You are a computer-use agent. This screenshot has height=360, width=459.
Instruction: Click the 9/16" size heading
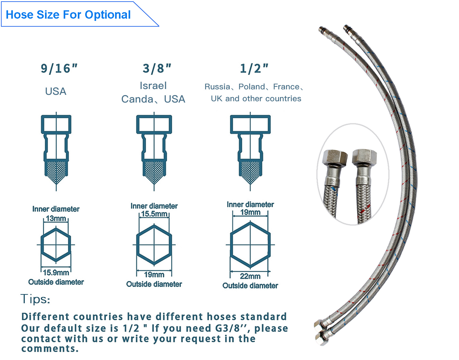click(59, 69)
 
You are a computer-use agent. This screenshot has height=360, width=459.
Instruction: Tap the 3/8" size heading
click(157, 69)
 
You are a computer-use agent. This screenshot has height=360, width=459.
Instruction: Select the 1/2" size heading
click(254, 69)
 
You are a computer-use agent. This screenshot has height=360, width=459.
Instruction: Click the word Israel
click(153, 86)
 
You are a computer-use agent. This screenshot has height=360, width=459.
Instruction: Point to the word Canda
click(137, 99)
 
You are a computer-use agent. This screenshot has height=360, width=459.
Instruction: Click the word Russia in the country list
click(217, 87)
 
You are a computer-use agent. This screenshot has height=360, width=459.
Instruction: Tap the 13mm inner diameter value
click(56, 218)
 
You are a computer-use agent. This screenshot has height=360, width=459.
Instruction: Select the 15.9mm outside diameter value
click(56, 273)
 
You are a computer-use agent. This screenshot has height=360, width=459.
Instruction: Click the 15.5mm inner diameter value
click(154, 214)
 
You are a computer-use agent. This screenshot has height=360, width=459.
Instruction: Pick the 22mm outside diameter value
click(250, 276)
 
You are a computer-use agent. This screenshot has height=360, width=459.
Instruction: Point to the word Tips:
click(35, 299)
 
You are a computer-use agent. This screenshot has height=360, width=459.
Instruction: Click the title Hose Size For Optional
click(68, 15)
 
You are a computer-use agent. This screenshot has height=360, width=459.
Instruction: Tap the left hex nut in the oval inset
click(335, 159)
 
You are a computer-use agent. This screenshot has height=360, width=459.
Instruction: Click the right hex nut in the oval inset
click(364, 157)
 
